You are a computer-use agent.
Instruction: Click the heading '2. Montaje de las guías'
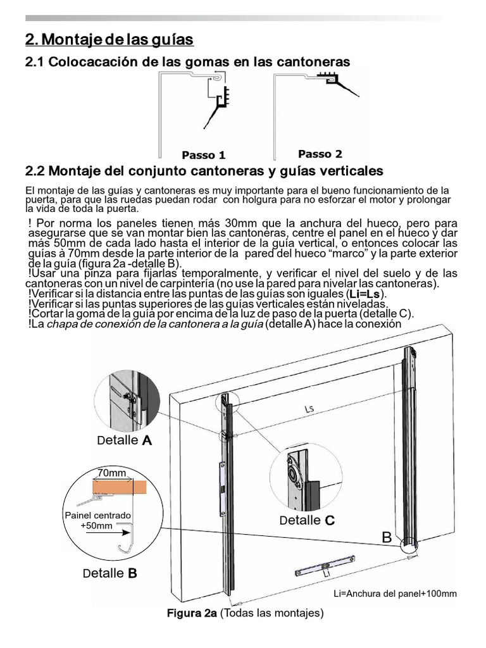click(x=109, y=40)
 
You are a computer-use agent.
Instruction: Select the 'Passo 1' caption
click(x=203, y=155)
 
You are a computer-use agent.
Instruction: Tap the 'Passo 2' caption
click(x=320, y=154)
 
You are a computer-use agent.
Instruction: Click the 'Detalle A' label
click(x=125, y=440)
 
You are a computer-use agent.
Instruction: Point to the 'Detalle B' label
click(x=109, y=573)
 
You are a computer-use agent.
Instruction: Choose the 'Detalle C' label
click(x=307, y=520)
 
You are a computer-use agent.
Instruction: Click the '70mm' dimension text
click(x=111, y=472)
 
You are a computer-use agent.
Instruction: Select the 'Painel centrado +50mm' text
click(x=97, y=520)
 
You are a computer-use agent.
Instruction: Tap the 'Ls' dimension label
click(x=309, y=409)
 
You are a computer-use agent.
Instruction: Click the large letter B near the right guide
click(x=386, y=538)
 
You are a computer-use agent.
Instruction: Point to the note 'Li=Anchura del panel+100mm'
click(x=395, y=594)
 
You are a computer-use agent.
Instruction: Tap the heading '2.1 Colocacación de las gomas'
click(x=187, y=61)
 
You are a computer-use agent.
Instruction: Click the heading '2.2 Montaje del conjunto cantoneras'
click(x=204, y=171)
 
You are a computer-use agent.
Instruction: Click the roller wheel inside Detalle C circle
click(x=296, y=472)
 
